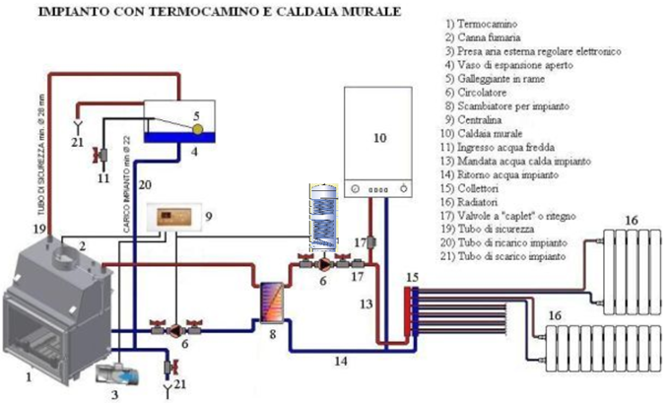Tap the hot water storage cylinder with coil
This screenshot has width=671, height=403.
coord(323,216)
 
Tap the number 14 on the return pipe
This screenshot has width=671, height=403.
coord(339,363)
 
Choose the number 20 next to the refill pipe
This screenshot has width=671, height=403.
coord(145,183)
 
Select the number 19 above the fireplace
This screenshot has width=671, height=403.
coord(38,229)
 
